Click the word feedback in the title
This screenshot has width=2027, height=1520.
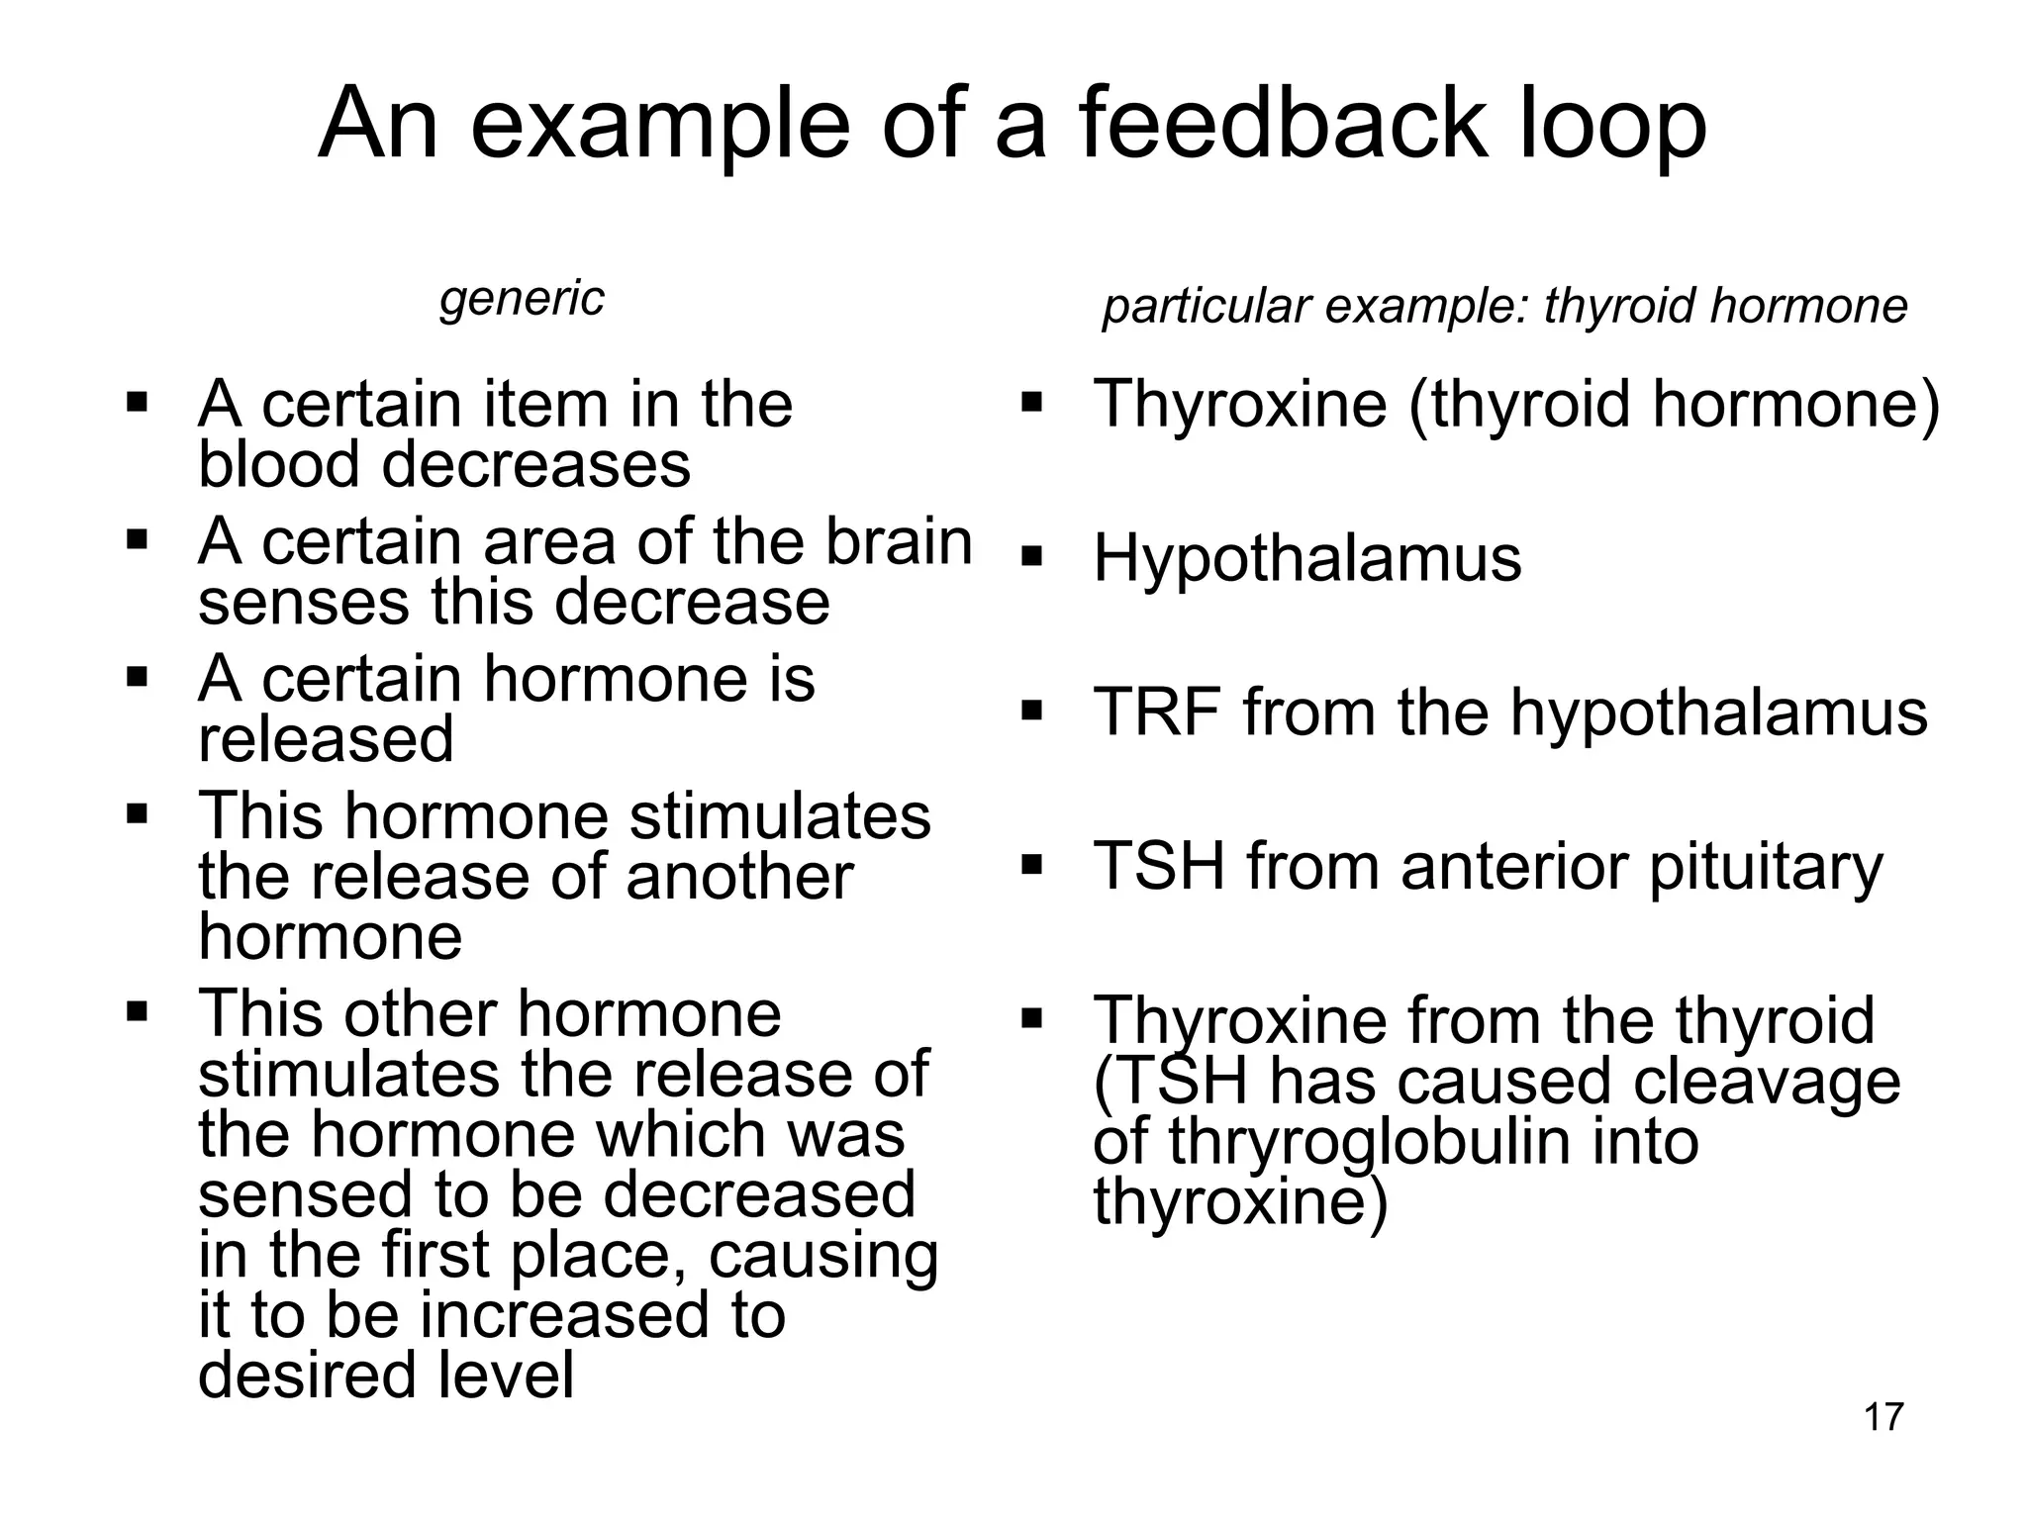[x=1283, y=125]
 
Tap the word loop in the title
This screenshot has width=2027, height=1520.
[x=1612, y=129]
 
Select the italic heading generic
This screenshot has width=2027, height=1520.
[x=522, y=299]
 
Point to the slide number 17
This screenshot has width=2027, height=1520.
[x=1882, y=1418]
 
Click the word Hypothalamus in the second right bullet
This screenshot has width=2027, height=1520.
[x=1306, y=559]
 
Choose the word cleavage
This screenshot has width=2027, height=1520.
[x=1766, y=1081]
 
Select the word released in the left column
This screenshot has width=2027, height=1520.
[x=326, y=739]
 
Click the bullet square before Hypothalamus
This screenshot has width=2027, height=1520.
[x=1031, y=557]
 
